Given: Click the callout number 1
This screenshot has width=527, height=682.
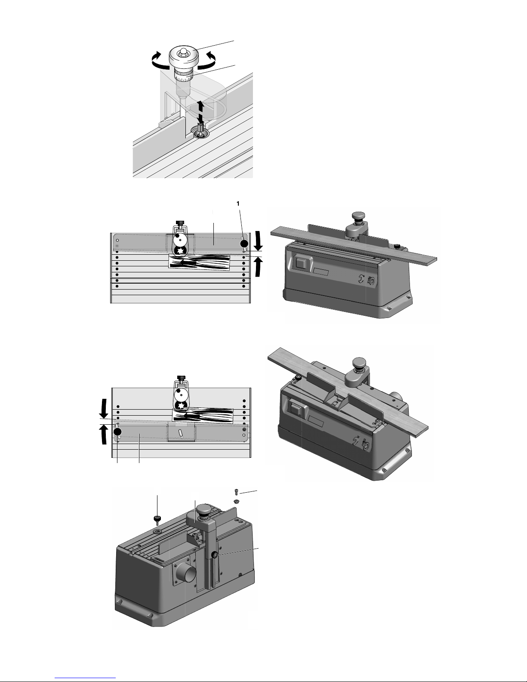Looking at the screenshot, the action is pos(238,204).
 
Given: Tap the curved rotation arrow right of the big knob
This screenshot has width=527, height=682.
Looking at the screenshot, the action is pos(206,60).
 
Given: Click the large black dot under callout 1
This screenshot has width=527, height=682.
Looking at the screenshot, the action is pos(244,244).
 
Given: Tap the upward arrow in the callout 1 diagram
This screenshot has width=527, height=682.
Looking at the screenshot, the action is pos(258,266).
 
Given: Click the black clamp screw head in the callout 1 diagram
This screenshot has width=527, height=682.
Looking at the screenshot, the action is pos(180,223).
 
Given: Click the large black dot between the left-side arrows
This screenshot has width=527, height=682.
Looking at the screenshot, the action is pos(117,432).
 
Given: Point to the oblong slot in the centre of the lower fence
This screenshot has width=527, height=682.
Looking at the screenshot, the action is pos(181,432).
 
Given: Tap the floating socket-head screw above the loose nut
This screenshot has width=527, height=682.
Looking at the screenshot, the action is pos(236,492).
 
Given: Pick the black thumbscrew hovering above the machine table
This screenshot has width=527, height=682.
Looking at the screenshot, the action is pos(157,520).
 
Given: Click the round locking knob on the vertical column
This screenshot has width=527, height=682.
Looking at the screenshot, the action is pos(215,556).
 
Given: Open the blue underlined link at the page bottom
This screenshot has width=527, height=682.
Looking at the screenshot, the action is pos(85,678).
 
